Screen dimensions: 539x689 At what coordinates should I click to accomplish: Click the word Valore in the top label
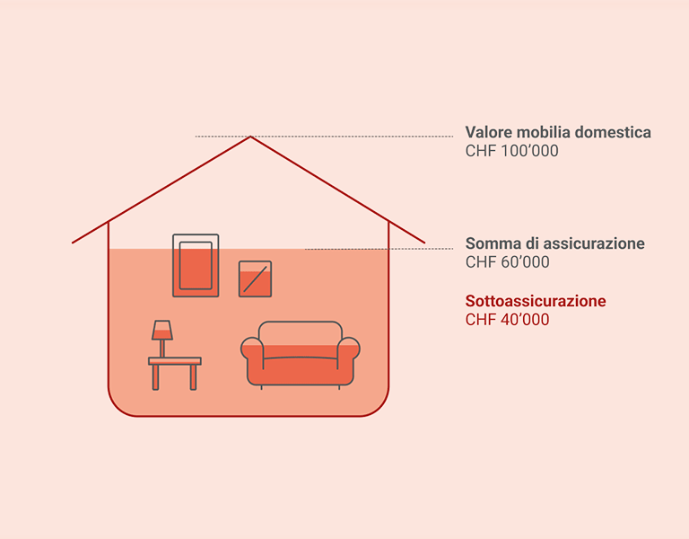tap(488, 133)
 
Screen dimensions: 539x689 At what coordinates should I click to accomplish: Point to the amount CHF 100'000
tap(511, 152)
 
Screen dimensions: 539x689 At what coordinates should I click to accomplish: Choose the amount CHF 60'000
tap(508, 262)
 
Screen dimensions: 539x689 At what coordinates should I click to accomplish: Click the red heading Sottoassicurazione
tap(536, 301)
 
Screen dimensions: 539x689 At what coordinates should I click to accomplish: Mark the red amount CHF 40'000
tap(508, 320)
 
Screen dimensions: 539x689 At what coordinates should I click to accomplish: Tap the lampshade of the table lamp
tap(161, 330)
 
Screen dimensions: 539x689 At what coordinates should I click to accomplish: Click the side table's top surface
tap(175, 361)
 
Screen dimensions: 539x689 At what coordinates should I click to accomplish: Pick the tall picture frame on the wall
tap(196, 265)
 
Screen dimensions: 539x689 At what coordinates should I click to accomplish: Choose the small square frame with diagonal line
tap(255, 278)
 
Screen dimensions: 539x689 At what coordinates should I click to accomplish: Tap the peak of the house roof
tap(250, 137)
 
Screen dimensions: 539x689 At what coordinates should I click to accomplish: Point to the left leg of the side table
tap(156, 376)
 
